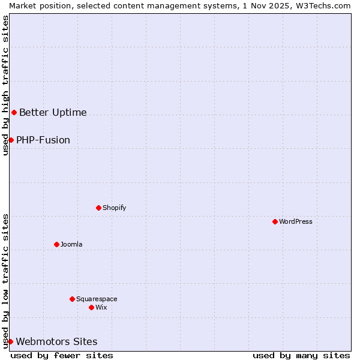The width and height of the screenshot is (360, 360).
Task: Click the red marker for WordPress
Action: [275, 221]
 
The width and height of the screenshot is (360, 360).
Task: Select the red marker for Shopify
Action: [98, 208]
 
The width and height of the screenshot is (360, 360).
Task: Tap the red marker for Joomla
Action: [56, 244]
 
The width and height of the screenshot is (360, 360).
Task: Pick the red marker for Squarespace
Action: [72, 299]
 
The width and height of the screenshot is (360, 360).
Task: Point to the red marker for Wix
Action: [91, 307]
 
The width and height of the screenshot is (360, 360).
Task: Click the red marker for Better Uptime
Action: [14, 112]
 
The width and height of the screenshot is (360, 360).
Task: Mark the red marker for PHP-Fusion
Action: [11, 140]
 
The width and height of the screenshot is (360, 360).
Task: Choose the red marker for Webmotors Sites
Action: [10, 341]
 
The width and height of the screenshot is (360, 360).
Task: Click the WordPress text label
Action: [295, 221]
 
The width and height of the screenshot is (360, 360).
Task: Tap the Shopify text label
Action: [114, 208]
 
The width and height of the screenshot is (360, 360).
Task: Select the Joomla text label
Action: [71, 244]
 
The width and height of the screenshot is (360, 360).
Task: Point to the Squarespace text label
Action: [97, 299]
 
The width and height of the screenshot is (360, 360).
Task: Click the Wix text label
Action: [101, 307]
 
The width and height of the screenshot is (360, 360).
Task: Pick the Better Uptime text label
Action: [53, 112]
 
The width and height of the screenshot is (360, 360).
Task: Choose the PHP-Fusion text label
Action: [43, 140]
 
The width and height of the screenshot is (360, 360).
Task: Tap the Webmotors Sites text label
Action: [56, 341]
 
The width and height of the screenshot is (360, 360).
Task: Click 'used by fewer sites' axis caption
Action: [62, 355]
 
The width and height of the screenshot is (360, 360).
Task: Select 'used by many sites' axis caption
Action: [301, 355]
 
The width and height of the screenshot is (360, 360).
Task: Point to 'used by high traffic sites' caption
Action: [5, 85]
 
